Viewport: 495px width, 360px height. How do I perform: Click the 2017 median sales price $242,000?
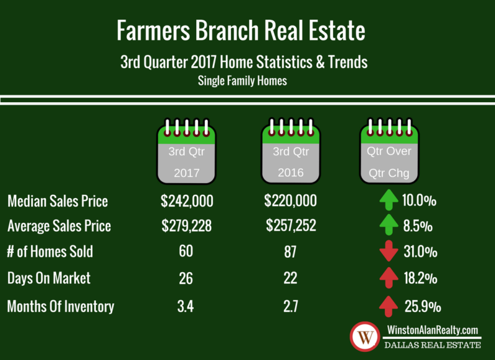coord(187,201)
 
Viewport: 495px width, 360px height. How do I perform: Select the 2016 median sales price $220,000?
coord(290,200)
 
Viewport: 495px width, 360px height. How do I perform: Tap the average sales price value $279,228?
coord(187,226)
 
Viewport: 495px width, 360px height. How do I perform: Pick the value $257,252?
coord(291,225)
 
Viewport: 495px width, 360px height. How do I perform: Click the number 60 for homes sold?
coord(186,251)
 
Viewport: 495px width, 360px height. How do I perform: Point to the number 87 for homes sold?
coord(290,252)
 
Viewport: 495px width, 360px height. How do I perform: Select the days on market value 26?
coord(186,278)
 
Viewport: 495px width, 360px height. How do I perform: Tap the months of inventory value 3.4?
coord(185,306)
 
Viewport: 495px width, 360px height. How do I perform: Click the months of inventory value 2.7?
coord(290,306)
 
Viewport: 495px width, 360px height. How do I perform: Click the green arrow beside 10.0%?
coord(389,200)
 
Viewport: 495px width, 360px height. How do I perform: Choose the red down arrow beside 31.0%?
coord(389,251)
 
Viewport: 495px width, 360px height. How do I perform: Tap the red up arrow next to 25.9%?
coord(389,306)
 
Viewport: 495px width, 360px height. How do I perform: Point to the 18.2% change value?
coord(421,278)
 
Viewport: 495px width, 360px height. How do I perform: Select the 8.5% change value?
coord(418,226)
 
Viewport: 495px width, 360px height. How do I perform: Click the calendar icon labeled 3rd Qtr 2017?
coord(187,151)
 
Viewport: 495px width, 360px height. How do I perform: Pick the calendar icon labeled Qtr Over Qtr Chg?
coord(389,151)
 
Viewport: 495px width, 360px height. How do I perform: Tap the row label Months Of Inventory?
coord(61,306)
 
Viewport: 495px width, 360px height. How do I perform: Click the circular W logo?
coord(365,336)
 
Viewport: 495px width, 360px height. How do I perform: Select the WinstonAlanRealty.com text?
coord(433,330)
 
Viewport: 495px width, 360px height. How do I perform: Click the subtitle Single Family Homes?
coord(243,81)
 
